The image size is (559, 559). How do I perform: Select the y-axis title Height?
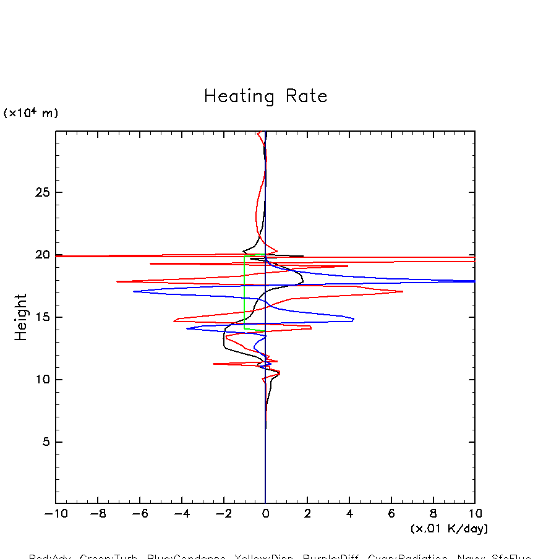21,317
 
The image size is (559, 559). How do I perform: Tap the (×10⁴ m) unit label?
31,113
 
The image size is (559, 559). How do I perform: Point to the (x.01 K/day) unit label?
449,529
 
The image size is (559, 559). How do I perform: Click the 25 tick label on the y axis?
41,193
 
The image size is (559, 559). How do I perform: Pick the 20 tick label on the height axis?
41,255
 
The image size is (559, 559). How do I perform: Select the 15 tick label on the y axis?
41,318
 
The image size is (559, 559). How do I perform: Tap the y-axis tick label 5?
45,442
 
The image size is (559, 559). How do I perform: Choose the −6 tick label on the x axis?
139,514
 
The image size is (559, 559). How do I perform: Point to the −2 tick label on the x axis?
223,514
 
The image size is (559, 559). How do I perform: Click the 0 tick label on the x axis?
266,514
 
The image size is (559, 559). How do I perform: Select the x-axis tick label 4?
349,514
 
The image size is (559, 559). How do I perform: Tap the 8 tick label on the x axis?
433,514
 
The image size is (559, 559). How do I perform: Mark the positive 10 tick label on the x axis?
474,514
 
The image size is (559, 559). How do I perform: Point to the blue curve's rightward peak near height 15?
353,319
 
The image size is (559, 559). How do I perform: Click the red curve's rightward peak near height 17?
403,291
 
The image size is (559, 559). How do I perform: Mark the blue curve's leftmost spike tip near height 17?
134,291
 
